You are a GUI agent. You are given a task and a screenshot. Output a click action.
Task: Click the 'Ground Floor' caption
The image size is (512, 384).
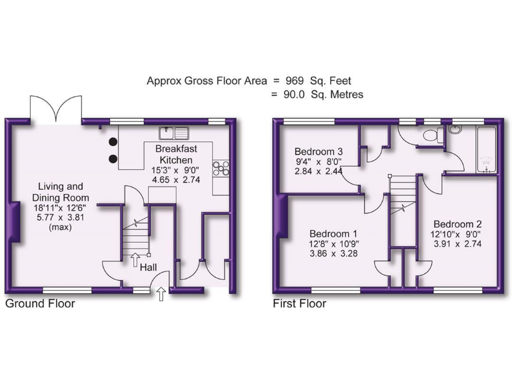[x=40, y=304]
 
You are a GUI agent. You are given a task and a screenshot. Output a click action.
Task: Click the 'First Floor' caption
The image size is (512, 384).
[x=299, y=304]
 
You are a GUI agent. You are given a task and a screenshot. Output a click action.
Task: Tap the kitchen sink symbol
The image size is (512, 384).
[x=175, y=131]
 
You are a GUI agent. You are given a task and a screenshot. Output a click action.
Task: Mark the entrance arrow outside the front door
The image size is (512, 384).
[x=161, y=293]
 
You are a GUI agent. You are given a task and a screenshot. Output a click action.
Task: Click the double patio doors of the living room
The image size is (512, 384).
[x=55, y=109]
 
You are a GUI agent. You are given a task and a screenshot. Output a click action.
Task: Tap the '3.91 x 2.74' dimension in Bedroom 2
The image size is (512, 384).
[x=457, y=244]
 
